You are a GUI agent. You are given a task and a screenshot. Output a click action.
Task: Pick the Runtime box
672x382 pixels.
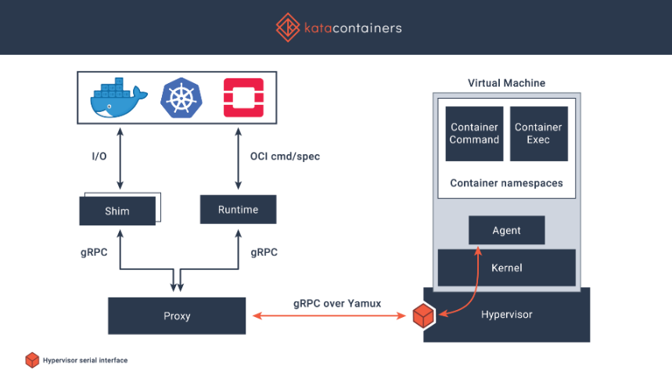(x=237, y=209)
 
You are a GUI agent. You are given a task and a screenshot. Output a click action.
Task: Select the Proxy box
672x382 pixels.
(x=177, y=316)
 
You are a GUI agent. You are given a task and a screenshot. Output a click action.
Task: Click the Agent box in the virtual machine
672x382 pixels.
(x=506, y=230)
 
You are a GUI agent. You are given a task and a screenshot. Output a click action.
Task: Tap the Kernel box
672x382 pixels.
(x=506, y=268)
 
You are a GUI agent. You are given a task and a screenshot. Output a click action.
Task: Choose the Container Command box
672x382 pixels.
(x=474, y=134)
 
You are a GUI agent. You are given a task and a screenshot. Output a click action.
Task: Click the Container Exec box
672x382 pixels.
(x=538, y=134)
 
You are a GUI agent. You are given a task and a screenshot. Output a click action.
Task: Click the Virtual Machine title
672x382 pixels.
(x=506, y=83)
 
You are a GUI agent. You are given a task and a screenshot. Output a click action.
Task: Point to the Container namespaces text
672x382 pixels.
(x=506, y=183)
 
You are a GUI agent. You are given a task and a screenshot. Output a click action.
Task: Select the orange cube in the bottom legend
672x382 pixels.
(x=32, y=360)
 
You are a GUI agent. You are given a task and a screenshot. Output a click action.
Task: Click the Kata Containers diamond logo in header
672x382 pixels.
(x=288, y=27)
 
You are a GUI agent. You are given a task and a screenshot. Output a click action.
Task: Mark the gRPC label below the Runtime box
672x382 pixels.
(x=264, y=253)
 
